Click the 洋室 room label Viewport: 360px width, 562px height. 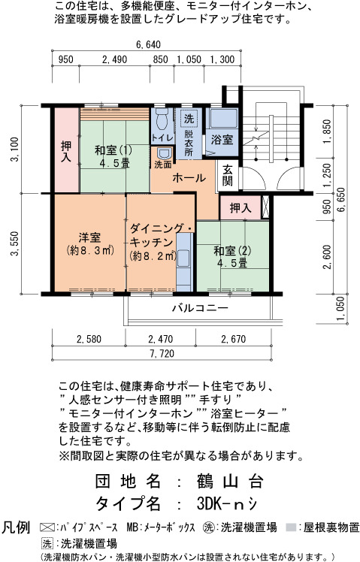pos(89,237)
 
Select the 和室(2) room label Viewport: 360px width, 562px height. pos(232,251)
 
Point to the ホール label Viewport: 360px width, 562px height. pos(189,178)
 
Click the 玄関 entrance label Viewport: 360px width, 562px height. pos(227,175)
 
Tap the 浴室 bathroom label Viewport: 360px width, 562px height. pos(222,140)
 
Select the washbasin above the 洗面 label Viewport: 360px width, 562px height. pos(164,153)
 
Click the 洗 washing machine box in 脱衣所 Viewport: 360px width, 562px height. pos(189,119)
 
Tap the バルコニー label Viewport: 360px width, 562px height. pos(200,308)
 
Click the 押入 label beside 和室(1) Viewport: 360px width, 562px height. pos(66,152)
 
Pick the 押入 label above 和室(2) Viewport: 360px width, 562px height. pos(241,207)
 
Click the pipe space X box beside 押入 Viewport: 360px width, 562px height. pos(265,207)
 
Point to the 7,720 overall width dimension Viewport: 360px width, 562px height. pos(162,354)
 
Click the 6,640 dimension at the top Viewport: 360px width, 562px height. pos(148,45)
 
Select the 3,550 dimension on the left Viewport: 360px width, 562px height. pos(15,243)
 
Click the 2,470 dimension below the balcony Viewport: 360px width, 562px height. pos(161,339)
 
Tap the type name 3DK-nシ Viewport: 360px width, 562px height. pos(227,504)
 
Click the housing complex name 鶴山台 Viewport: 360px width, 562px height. pos(230,482)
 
